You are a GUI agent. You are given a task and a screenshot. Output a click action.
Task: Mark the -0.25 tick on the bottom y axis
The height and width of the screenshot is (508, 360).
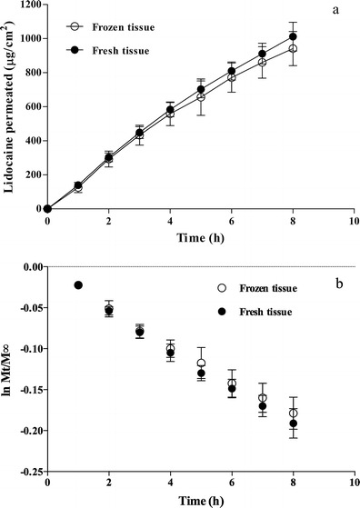(27, 471)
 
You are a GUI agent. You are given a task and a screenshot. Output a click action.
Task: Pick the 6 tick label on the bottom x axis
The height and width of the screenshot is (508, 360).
(231, 483)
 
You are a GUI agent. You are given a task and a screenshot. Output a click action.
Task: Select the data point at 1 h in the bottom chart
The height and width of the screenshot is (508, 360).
(78, 285)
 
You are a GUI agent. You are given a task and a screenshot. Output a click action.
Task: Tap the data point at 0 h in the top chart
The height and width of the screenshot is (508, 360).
(47, 208)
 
